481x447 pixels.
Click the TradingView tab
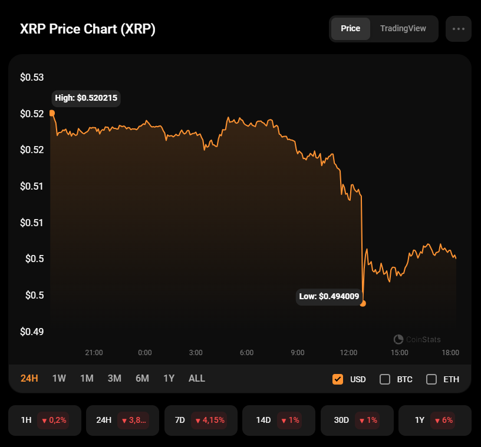coord(403,28)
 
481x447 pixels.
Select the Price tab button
coord(350,28)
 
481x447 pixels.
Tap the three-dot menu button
coord(459,28)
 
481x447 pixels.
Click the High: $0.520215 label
coord(86,98)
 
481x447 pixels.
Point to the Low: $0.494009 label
coord(329,296)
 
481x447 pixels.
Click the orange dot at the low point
coord(363,303)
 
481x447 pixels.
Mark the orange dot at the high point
coord(52,112)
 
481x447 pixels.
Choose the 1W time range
coord(59,378)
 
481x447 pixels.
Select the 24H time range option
coord(29,378)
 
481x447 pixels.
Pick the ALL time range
coord(197,378)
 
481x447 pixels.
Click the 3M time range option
coord(114,378)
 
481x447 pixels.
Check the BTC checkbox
coord(385,379)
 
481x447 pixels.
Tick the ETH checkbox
coord(431,379)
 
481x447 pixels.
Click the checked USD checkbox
coord(338,379)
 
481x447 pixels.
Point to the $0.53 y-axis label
coord(32,77)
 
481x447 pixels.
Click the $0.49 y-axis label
coord(32,332)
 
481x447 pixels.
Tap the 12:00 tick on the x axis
coord(348,353)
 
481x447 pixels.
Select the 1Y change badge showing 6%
coord(443,420)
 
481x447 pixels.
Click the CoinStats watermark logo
coord(398,339)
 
